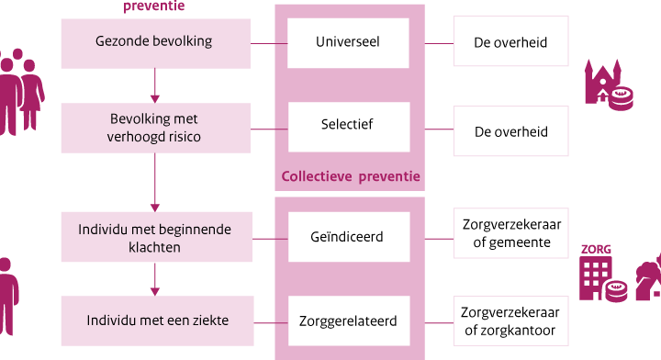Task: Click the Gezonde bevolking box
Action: coord(156,43)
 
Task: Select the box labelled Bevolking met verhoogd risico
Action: coord(156,128)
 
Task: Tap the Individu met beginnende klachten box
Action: coord(157,237)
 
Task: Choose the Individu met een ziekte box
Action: coord(158,321)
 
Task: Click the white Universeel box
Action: coord(348,43)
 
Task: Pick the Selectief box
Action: coord(349,127)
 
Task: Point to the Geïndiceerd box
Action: coord(349,237)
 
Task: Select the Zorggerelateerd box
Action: coord(349,321)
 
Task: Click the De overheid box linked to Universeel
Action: coord(511,41)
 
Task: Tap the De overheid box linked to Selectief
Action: coord(511,131)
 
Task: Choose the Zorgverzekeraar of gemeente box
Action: coord(511,233)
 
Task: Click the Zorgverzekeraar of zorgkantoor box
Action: coord(511,321)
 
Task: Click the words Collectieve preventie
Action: coord(351,176)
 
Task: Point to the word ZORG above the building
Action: coord(596,250)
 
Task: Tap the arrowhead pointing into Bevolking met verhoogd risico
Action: coord(155,99)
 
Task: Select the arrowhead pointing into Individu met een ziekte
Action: coord(155,292)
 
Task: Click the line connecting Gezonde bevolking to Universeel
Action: coord(269,43)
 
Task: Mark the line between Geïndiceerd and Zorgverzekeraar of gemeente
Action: coord(439,239)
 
